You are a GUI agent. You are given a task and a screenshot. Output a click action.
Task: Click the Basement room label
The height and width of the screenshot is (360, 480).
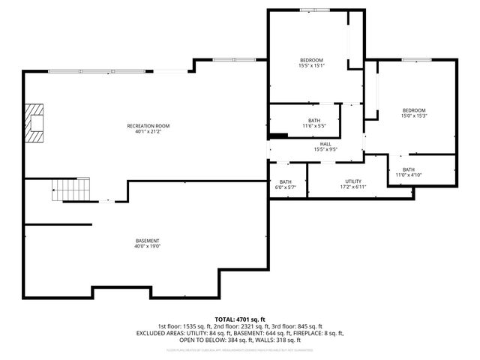click(148, 240)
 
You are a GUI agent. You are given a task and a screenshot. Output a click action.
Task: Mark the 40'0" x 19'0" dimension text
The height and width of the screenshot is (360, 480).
click(148, 246)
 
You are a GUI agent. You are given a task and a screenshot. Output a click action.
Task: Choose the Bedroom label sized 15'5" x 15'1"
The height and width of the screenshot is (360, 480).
click(311, 60)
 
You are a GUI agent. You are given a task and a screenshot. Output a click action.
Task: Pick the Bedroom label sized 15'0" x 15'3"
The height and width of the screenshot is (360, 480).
click(413, 110)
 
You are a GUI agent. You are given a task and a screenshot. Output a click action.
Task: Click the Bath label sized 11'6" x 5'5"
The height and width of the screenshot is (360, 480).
click(314, 120)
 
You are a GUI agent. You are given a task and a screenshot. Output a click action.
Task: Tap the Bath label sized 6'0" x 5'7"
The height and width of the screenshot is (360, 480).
click(286, 181)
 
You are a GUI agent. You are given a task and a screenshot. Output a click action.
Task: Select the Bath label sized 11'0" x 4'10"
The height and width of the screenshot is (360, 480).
click(408, 169)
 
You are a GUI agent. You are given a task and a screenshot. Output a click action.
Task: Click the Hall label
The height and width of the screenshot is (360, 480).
click(325, 143)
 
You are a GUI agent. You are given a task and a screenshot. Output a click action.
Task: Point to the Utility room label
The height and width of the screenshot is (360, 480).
click(353, 181)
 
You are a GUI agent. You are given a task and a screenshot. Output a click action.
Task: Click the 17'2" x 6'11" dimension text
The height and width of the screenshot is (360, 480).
click(353, 187)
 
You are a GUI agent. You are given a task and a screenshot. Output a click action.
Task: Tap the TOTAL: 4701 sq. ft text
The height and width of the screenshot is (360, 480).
click(240, 319)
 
